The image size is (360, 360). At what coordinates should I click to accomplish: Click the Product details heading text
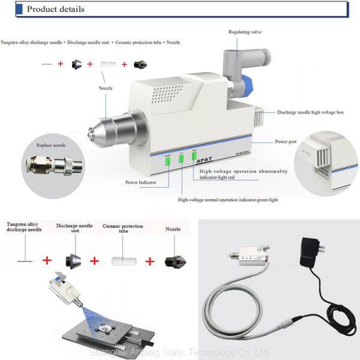[56, 9]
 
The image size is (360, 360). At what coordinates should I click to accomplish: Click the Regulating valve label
[244, 32]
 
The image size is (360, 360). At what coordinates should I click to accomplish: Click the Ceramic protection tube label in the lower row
[122, 229]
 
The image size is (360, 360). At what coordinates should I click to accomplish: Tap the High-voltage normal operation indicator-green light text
[228, 199]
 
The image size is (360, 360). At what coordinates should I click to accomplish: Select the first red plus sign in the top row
[60, 64]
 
